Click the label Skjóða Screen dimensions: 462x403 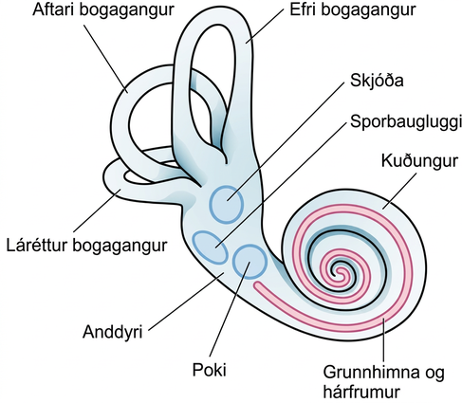click(377, 81)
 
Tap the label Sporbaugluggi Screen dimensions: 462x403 click(406, 121)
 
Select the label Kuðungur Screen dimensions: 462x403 click(419, 161)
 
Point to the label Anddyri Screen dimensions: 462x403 click(113, 333)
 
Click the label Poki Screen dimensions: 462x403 click(210, 369)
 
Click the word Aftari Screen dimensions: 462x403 click(53, 9)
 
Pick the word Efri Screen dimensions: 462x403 click(304, 9)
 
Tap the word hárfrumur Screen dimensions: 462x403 click(361, 392)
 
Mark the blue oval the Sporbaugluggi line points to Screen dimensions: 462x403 click(210, 247)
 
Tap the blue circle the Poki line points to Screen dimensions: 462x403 click(249, 262)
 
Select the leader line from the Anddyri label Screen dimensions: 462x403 click(187, 302)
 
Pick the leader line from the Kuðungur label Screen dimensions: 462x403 click(399, 191)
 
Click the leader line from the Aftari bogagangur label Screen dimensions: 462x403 click(106, 59)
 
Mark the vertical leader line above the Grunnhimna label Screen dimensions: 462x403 click(384, 340)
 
